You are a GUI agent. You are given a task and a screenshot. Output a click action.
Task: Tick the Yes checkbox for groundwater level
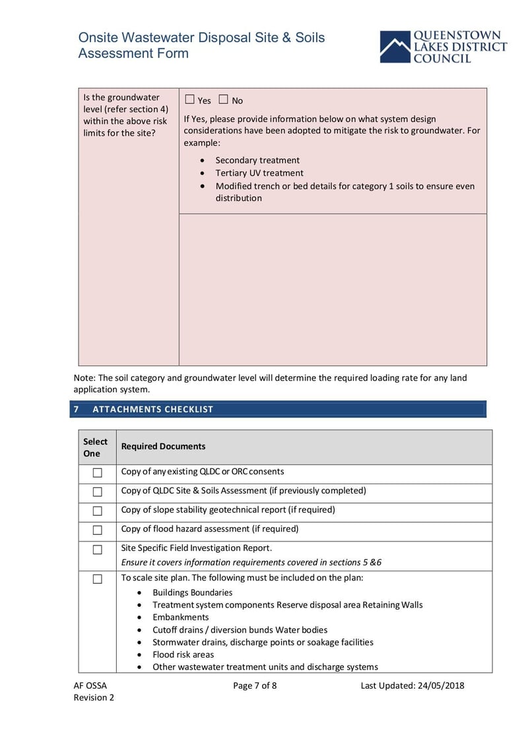coord(190,100)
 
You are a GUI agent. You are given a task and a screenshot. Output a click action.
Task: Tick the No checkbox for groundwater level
coord(223,100)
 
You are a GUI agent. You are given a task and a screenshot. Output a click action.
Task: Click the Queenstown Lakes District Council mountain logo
coord(395,47)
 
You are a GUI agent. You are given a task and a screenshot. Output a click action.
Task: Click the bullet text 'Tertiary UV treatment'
coord(259,173)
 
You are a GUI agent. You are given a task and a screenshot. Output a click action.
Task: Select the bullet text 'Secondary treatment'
coord(257,160)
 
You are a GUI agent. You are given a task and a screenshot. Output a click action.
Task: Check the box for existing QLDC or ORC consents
coord(98,473)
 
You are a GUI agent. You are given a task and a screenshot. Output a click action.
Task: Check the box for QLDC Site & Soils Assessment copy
coord(98,492)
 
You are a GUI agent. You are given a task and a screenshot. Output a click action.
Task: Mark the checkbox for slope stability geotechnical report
coord(98,511)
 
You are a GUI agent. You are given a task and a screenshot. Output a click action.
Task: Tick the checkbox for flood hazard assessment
coord(98,530)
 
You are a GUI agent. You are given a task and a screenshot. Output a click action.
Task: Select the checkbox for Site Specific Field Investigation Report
coord(98,549)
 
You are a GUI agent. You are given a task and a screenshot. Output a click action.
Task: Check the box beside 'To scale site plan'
coord(98,579)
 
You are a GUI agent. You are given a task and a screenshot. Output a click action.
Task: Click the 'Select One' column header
coord(95,447)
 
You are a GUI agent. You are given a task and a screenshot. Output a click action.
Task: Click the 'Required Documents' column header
coord(163,447)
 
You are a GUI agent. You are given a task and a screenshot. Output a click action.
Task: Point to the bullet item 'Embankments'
coord(180,617)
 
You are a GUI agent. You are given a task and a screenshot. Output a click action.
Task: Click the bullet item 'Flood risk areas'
coord(183,654)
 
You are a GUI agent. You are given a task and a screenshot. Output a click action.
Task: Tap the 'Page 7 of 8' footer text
coord(255,685)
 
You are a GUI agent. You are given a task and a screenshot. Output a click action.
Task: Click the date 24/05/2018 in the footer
coord(441,685)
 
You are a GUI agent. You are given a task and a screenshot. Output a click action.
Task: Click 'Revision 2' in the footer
coord(94,698)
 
